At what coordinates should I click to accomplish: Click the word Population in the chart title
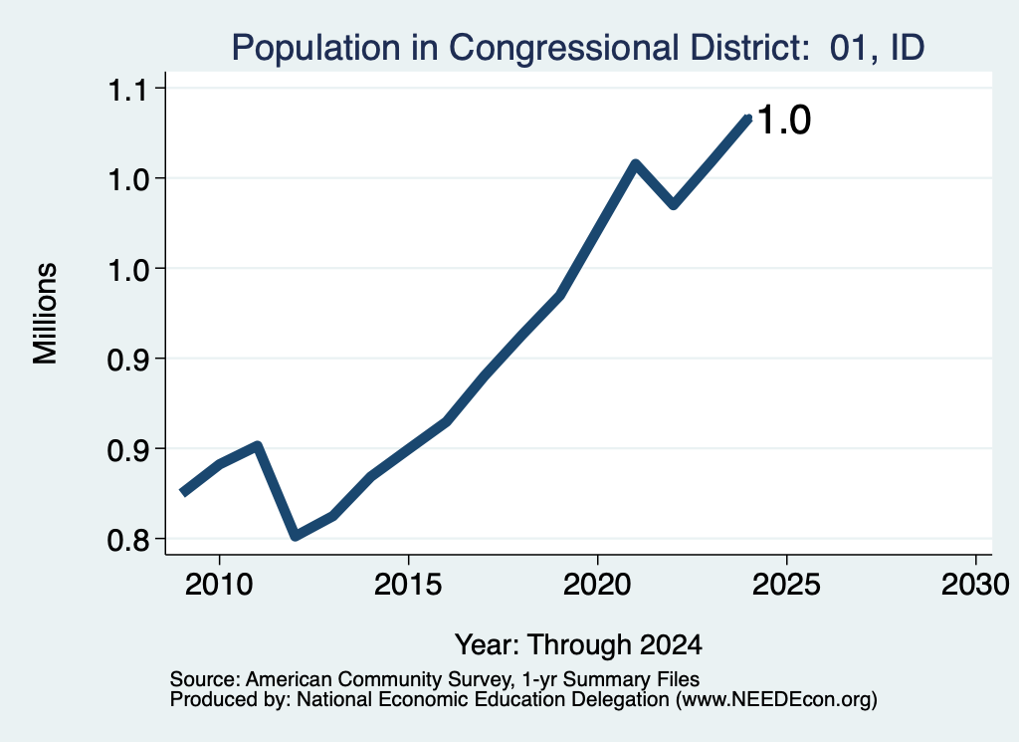pyautogui.click(x=315, y=49)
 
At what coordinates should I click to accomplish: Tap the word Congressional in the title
pyautogui.click(x=563, y=49)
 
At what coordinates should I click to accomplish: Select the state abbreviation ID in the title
pyautogui.click(x=908, y=48)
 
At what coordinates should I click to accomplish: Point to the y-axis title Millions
pyautogui.click(x=46, y=314)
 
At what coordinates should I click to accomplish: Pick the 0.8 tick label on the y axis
pyautogui.click(x=127, y=540)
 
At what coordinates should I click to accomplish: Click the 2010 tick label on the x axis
pyautogui.click(x=219, y=584)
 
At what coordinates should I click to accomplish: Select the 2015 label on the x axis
pyautogui.click(x=408, y=584)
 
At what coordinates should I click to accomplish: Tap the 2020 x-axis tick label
pyautogui.click(x=597, y=584)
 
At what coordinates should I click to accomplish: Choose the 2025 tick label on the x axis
pyautogui.click(x=786, y=584)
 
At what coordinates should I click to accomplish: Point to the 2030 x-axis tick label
pyautogui.click(x=975, y=584)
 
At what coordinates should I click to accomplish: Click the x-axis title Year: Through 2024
pyautogui.click(x=578, y=645)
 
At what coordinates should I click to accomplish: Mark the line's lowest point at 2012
pyautogui.click(x=296, y=535)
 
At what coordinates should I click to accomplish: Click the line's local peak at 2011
pyautogui.click(x=258, y=446)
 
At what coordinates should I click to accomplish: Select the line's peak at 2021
pyautogui.click(x=635, y=163)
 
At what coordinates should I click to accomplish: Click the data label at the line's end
pyautogui.click(x=784, y=121)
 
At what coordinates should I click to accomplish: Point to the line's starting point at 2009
pyautogui.click(x=183, y=492)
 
